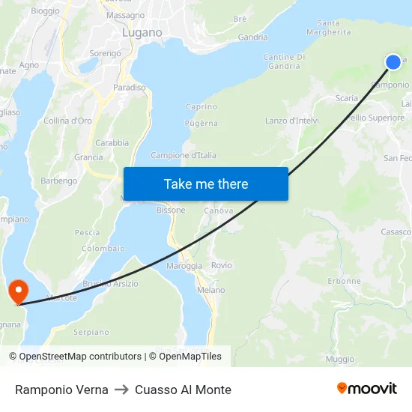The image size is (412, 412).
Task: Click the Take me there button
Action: (x=206, y=184)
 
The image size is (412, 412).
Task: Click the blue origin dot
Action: (x=393, y=62)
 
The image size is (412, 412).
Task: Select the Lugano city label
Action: (x=142, y=33)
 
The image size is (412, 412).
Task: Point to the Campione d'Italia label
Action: (x=184, y=155)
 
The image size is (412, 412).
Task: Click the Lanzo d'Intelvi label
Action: (x=292, y=121)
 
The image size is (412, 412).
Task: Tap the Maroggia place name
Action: (x=184, y=266)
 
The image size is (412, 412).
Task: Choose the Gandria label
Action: (x=252, y=37)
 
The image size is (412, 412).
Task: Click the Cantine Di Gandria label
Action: (x=284, y=61)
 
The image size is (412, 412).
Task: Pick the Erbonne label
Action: (x=345, y=281)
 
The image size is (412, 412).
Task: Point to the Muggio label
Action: (x=340, y=360)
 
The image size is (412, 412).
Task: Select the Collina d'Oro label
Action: (x=67, y=121)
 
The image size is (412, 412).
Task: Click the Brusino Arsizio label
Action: (x=111, y=283)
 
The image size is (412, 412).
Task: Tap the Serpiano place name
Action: (x=91, y=332)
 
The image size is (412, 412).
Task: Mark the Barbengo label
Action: (x=59, y=181)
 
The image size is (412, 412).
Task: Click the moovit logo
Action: (x=367, y=388)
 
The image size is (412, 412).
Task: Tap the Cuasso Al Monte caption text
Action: (x=183, y=390)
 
